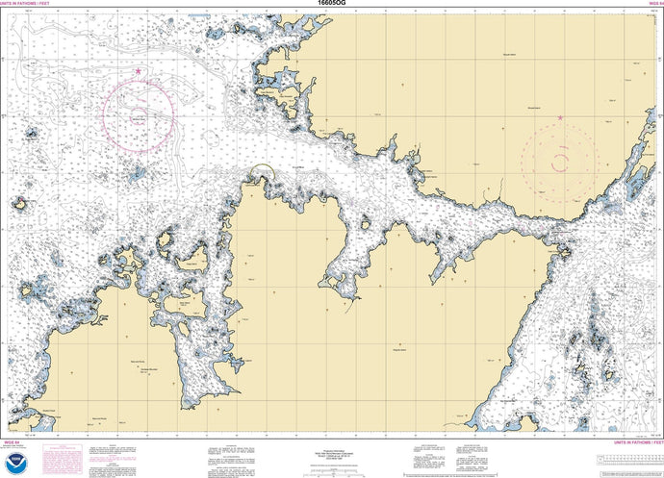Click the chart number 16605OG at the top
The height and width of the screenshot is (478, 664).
coord(331,4)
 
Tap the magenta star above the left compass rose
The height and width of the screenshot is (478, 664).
coord(139,71)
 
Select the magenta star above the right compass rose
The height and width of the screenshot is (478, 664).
coord(560,118)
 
